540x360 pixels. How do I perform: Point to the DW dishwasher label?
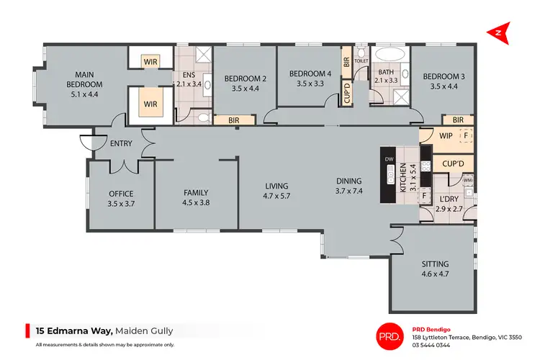coord(390,159)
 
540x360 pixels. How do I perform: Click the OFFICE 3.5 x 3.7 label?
coord(122,199)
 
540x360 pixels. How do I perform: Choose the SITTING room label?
coord(434,269)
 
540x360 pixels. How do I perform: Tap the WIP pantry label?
coord(445,134)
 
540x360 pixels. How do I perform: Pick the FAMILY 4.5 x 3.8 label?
coord(195,197)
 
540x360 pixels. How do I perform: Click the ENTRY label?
coord(121,144)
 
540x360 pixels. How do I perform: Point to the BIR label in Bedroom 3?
coord(457,120)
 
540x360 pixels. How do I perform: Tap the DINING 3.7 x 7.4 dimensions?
coord(348,186)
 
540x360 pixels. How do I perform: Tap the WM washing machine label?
coord(467,180)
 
